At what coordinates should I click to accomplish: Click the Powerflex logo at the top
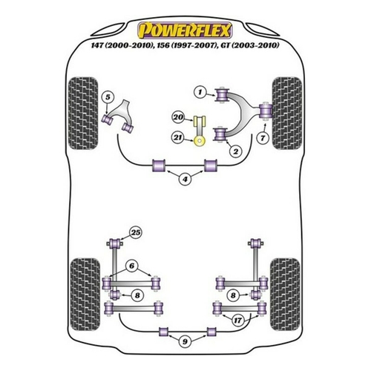[185, 30]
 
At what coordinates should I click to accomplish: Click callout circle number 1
[200, 93]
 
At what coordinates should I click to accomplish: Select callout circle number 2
[235, 151]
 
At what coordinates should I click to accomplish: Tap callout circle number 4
[185, 179]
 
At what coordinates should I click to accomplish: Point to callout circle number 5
[108, 97]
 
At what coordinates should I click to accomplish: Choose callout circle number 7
[263, 138]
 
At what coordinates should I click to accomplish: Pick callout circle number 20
[178, 117]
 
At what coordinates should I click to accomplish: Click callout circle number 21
[178, 137]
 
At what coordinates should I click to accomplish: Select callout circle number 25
[136, 233]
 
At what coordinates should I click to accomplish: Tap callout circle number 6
[132, 266]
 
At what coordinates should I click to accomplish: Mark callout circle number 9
[185, 341]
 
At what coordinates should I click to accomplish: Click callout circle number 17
[238, 321]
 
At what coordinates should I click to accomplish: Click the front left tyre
[83, 114]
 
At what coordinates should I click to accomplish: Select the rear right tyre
[285, 295]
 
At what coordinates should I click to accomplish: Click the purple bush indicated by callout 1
[222, 94]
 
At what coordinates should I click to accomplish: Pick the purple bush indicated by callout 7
[266, 111]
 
